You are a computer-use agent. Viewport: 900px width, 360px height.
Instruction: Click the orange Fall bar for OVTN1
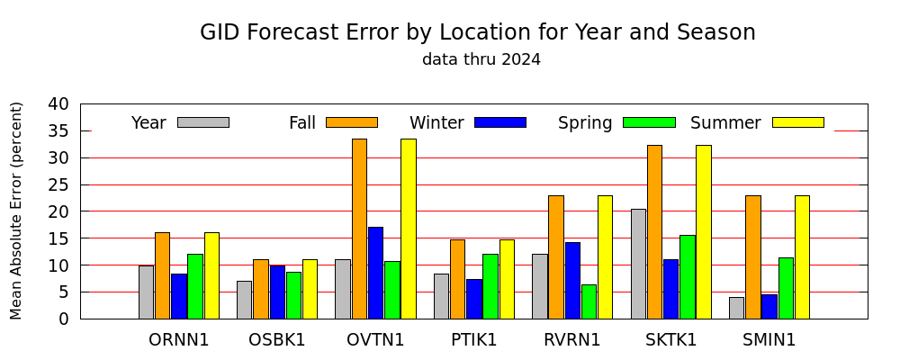359,229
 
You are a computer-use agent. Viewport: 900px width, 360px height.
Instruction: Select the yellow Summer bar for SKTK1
704,232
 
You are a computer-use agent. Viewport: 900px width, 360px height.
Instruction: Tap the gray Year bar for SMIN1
736,308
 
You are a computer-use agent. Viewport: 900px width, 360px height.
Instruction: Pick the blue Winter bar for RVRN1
572,280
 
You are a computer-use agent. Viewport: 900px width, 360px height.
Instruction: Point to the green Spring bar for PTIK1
490,286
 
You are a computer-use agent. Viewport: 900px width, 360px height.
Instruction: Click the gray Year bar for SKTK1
638,264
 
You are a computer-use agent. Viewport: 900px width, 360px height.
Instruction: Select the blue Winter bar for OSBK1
277,292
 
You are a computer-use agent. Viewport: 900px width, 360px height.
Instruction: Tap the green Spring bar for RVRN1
589,301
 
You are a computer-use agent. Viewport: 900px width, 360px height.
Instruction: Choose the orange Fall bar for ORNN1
162,275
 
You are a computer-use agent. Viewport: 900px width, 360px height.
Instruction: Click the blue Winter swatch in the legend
500,122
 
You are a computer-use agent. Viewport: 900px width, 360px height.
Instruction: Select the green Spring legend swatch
649,122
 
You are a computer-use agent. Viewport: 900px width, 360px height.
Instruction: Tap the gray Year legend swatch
203,122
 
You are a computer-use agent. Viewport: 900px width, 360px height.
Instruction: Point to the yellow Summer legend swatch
797,122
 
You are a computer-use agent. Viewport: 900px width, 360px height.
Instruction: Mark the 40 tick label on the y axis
58,104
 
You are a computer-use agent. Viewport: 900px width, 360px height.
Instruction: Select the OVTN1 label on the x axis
375,340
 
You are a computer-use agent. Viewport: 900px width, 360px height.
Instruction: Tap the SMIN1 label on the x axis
769,340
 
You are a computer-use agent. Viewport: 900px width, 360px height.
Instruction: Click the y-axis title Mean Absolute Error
16,210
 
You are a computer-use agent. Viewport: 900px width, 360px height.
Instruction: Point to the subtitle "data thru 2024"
481,59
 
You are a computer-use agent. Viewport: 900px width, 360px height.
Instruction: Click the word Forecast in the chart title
322,32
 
